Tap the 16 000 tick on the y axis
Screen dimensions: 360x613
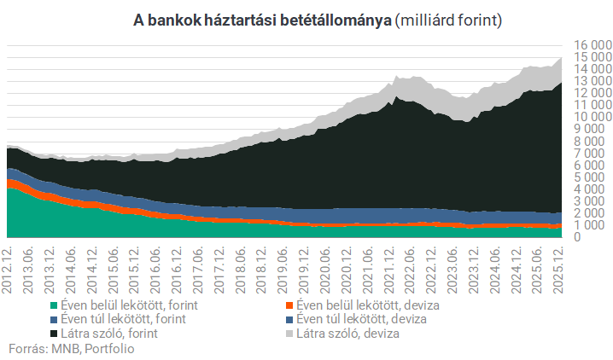coord(588,44)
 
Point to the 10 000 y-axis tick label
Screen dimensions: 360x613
coord(588,117)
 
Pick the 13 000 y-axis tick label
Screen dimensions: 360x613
coord(588,81)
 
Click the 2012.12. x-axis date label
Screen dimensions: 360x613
coord(8,268)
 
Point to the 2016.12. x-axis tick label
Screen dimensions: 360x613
coord(178,268)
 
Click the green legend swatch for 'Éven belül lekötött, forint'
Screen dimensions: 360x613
coord(55,305)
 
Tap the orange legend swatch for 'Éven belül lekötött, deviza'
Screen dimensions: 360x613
coord(289,305)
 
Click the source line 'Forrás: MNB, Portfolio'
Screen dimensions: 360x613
coord(72,348)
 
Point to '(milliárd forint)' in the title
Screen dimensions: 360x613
coord(448,20)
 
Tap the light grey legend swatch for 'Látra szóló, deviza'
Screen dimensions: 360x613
coord(289,334)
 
